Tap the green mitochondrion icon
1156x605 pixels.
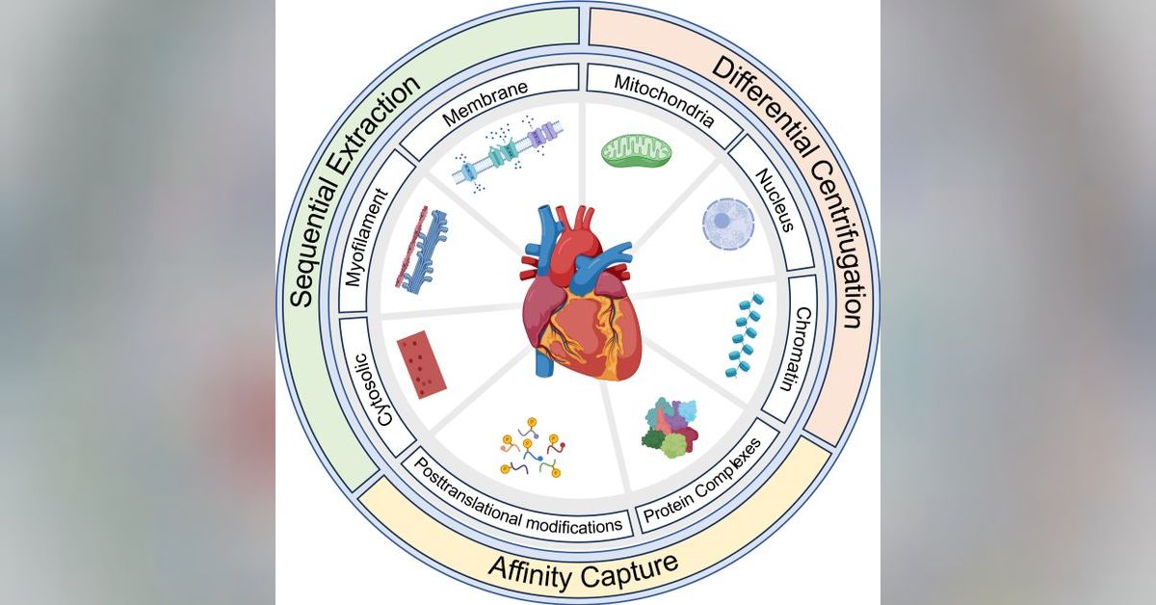636,149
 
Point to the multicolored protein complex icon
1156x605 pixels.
670,427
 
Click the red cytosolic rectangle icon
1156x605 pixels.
421,363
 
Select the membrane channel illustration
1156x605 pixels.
504,147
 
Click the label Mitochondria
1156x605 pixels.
665,100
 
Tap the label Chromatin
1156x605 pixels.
801,350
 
